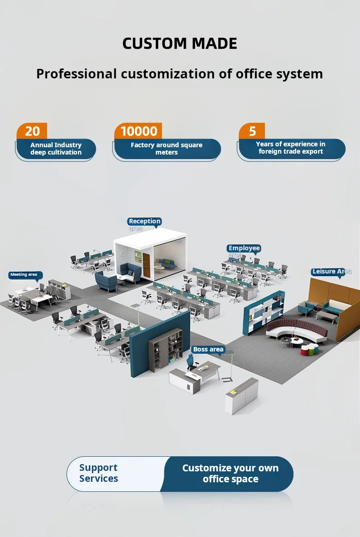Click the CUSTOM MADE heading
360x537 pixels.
click(x=180, y=44)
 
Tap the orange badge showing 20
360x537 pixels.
click(x=32, y=131)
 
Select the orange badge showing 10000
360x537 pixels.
click(x=139, y=131)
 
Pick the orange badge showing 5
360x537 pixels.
click(x=252, y=131)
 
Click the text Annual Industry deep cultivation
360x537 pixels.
click(x=56, y=149)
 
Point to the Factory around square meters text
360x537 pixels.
click(x=166, y=149)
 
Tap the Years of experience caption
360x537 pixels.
click(x=291, y=148)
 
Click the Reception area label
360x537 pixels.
click(x=144, y=222)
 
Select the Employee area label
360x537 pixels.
click(x=244, y=248)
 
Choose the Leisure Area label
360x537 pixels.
click(x=332, y=272)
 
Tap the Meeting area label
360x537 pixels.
click(x=24, y=275)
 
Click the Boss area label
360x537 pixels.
click(x=208, y=350)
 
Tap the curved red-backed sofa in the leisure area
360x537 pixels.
click(x=296, y=329)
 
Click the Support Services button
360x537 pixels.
click(x=98, y=473)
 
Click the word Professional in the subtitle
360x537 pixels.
click(x=77, y=74)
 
